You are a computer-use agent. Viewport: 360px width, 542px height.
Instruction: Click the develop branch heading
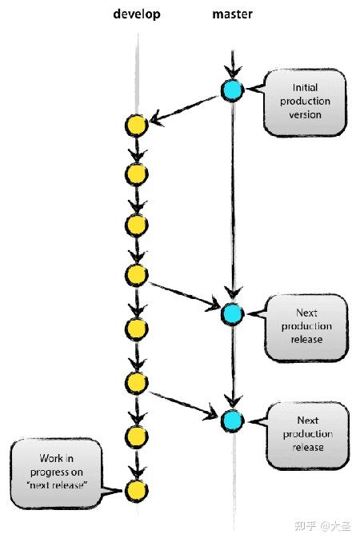[137, 15]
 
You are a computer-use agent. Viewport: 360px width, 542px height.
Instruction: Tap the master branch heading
[232, 15]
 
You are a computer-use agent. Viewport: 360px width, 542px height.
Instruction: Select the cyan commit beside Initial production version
[232, 90]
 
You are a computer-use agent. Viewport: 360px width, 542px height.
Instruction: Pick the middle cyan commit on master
[232, 314]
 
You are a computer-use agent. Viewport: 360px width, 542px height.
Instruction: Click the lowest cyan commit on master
[232, 419]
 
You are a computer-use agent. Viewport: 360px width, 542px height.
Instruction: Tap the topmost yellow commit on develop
[137, 126]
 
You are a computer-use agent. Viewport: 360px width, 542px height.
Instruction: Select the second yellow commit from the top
[137, 173]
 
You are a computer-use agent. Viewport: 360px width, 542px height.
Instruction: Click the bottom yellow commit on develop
[137, 488]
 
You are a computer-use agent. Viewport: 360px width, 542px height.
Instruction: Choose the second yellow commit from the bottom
[137, 435]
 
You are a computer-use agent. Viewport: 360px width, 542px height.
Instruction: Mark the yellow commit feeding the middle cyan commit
[137, 275]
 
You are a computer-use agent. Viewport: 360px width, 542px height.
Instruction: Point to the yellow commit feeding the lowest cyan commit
[137, 382]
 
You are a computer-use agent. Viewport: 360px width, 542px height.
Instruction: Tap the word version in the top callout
[305, 114]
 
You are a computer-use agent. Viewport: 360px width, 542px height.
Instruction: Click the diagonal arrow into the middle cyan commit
[184, 294]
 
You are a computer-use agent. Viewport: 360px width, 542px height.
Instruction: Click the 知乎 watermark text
[305, 526]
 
